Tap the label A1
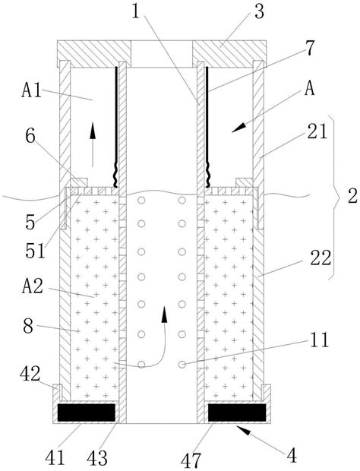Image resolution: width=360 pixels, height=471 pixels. tap(32, 90)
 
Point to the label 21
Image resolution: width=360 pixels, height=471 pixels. tap(317, 131)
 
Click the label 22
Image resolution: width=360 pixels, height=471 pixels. tap(321, 258)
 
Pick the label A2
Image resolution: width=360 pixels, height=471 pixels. tap(33, 286)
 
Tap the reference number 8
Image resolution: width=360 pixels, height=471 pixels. tap(28, 326)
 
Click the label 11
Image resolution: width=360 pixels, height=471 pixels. tap(319, 340)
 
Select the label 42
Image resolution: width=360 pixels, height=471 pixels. tap(30, 375)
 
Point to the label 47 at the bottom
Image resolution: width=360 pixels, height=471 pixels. tap(191, 461)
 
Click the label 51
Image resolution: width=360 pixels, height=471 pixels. tap(36, 251)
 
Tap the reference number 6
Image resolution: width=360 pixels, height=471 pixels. tap(30, 137)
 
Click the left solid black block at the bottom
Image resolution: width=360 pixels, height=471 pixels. tap(87, 413)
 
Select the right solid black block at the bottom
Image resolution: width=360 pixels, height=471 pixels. tap(237, 413)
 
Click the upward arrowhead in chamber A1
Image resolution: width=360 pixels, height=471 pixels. tap(93, 131)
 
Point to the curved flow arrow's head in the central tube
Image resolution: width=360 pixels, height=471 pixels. tap(164, 315)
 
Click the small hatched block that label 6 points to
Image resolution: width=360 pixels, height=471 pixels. tap(79, 182)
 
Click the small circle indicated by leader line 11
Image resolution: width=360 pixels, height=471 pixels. tap(182, 365)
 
